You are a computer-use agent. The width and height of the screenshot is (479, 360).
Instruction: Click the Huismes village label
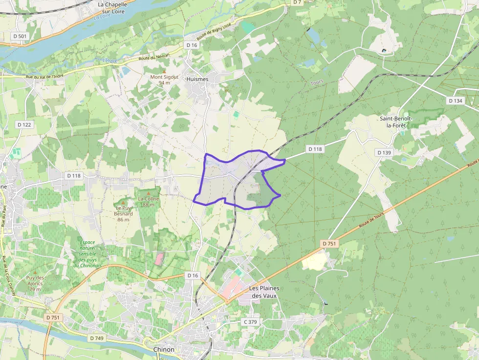point(197,79)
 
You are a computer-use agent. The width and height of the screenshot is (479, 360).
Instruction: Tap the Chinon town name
point(164,349)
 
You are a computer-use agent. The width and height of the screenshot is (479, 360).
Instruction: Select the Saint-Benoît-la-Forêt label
point(396,122)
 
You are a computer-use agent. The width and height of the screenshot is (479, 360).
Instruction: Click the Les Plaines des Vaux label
point(264,292)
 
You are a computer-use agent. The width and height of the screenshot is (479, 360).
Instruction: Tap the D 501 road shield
point(20,36)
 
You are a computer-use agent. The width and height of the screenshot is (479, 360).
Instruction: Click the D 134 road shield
point(455,101)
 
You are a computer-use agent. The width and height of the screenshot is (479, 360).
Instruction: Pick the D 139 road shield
point(384,152)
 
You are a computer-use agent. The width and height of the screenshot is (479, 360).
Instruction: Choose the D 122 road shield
point(24,125)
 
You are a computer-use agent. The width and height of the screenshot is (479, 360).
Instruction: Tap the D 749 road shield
point(97,338)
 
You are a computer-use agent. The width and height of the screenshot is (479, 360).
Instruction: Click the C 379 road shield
point(250,322)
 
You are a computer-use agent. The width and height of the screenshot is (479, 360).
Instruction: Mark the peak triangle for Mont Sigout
point(164,71)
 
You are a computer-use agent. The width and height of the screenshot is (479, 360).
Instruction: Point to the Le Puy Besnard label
point(124,213)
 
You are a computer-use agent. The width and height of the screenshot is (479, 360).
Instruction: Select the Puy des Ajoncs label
point(35,283)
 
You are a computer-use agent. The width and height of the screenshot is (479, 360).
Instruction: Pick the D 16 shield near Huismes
point(192,45)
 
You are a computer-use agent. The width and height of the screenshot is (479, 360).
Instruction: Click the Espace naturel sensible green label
point(87,254)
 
